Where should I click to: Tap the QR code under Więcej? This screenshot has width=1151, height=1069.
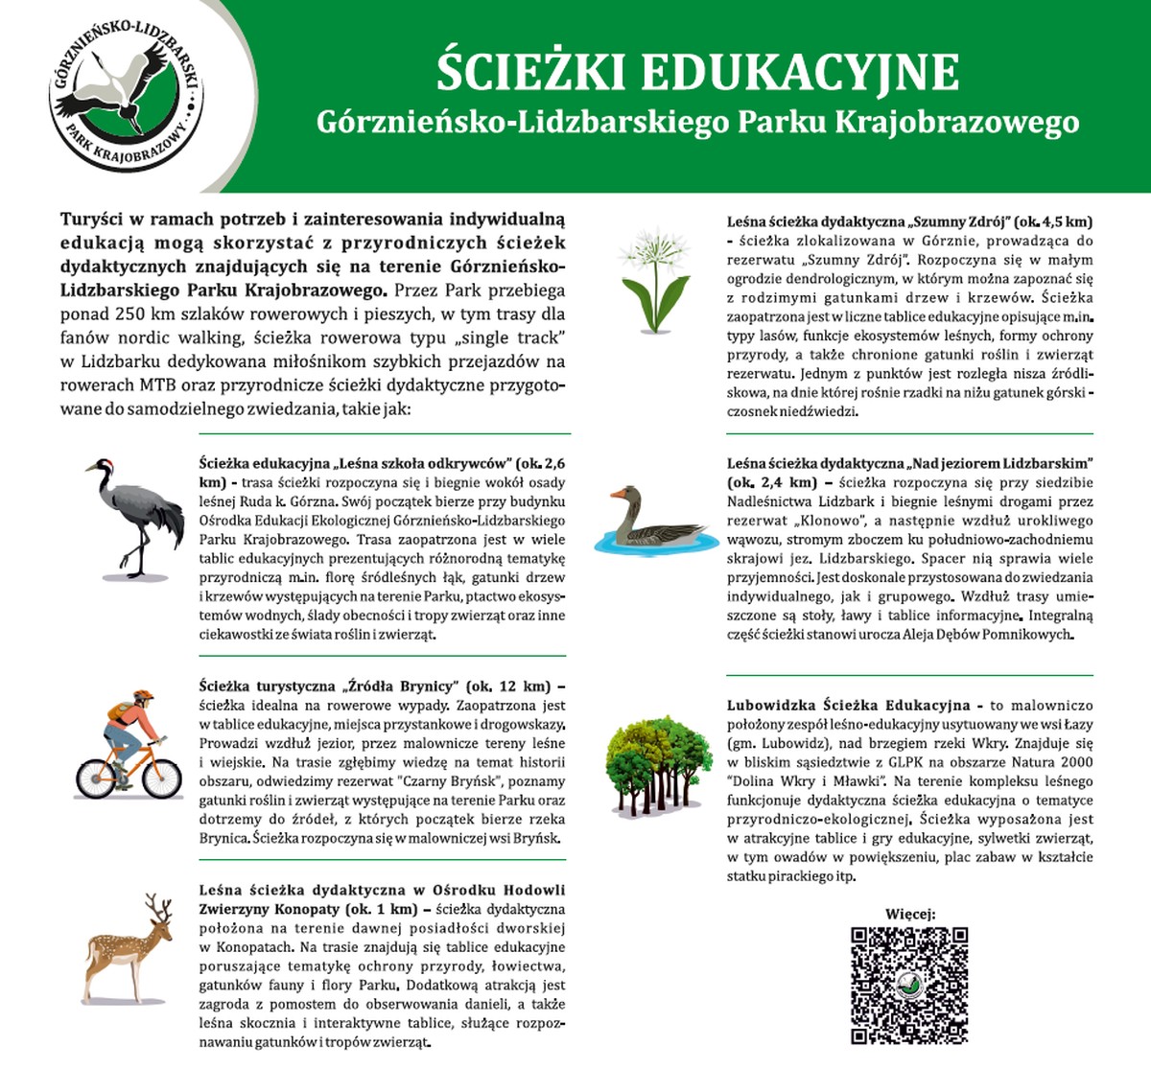point(908,986)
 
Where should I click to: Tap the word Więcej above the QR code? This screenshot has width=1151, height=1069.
point(909,914)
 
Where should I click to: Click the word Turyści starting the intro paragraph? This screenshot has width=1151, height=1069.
point(94,220)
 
